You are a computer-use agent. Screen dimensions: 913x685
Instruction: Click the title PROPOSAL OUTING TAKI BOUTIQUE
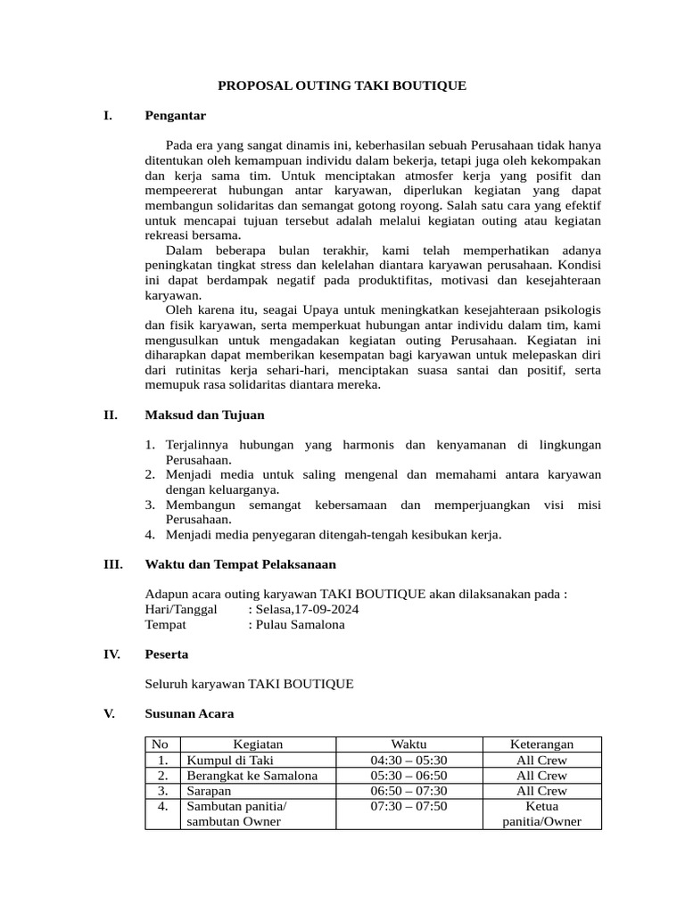coord(342,86)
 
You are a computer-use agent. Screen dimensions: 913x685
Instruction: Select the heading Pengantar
coord(175,115)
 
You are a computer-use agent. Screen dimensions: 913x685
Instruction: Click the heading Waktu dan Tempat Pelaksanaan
coord(240,564)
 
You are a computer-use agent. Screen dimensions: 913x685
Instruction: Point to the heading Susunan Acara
coord(189,714)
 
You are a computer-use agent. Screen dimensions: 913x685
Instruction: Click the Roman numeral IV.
coord(112,654)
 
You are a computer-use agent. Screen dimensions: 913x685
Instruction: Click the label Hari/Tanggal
coord(180,609)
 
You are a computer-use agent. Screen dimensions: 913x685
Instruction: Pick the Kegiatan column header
coord(258,744)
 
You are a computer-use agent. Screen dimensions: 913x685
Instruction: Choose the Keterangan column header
coord(541,744)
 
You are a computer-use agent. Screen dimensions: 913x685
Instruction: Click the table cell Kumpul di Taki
coord(229,760)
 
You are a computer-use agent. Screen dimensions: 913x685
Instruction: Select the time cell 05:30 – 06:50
coord(409,776)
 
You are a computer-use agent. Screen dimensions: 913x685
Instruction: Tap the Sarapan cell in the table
coord(209,791)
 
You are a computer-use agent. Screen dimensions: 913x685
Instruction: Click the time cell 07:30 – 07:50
coord(409,806)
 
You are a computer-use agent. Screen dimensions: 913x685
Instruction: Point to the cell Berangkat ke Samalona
coord(252,776)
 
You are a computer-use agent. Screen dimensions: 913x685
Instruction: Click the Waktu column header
coord(409,744)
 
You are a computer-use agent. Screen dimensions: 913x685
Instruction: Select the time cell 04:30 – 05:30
coord(409,760)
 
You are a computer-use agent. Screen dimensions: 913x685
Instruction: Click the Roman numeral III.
coord(112,564)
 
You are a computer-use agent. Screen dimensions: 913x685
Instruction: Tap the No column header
coord(161,744)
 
